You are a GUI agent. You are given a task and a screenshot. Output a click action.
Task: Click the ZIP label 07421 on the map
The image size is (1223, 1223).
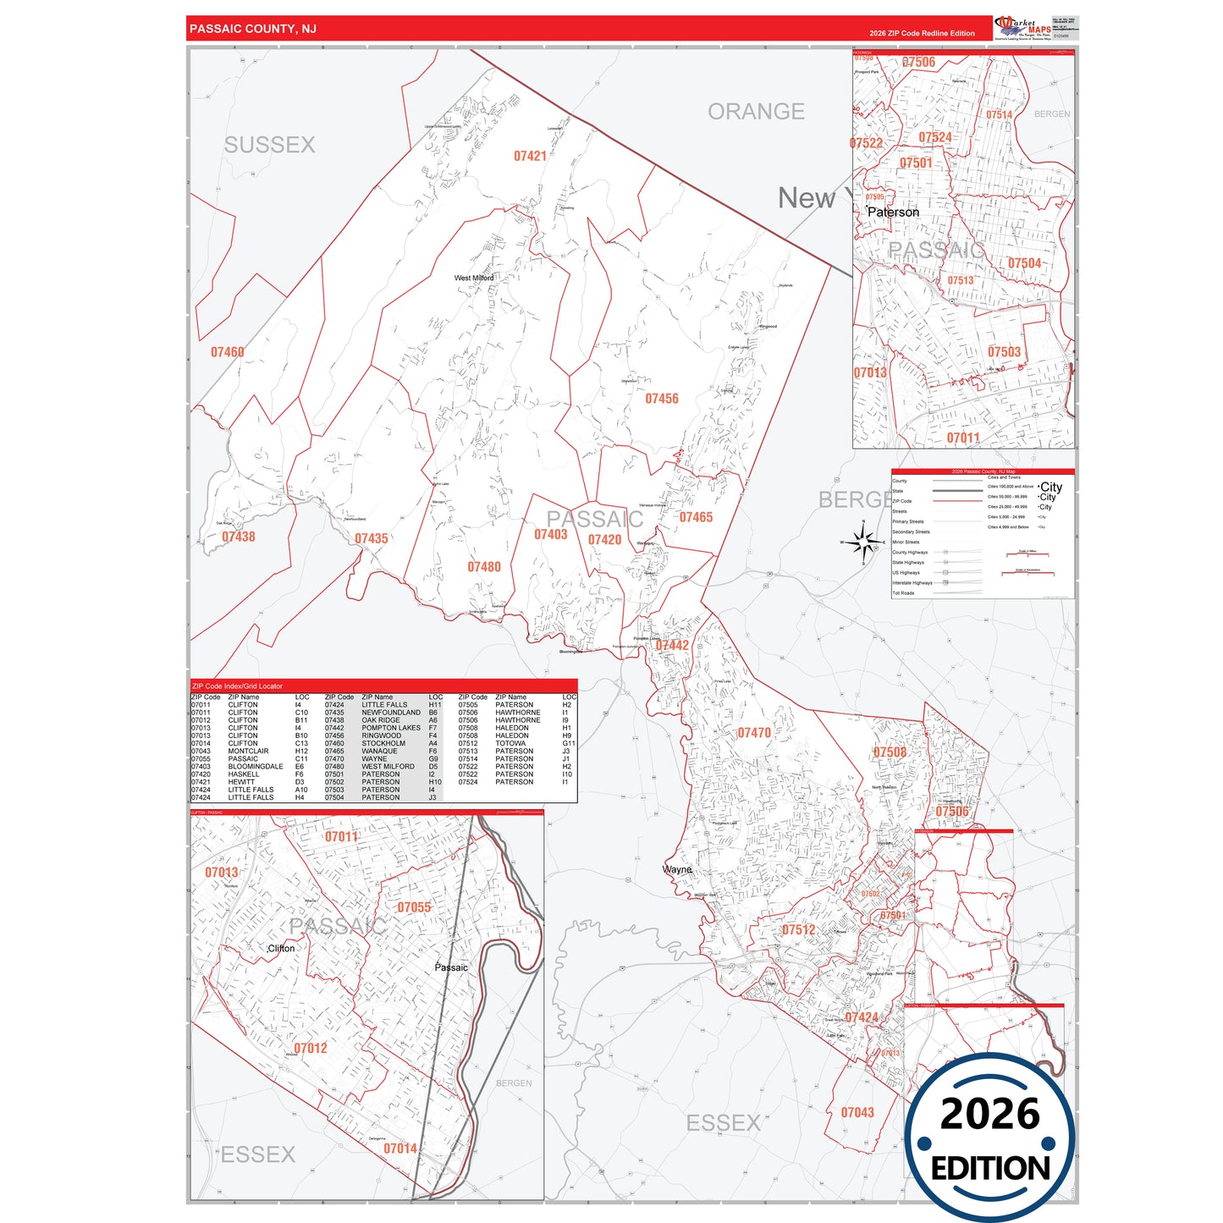(x=530, y=156)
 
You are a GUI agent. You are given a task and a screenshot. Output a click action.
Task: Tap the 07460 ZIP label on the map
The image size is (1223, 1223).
(x=227, y=352)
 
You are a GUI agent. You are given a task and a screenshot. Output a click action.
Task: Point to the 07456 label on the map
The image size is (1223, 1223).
(x=662, y=399)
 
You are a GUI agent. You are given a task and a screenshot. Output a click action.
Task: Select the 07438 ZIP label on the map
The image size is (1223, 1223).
(x=239, y=537)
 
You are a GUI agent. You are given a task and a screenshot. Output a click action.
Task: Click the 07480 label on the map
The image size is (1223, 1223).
(x=484, y=567)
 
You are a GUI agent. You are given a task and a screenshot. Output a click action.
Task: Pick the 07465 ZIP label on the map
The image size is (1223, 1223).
(x=696, y=517)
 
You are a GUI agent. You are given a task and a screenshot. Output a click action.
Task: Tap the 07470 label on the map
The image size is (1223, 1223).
(x=754, y=733)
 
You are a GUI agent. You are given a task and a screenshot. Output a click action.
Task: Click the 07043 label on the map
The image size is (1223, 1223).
(x=857, y=1113)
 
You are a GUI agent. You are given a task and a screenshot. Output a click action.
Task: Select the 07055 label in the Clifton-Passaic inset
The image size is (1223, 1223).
(x=414, y=907)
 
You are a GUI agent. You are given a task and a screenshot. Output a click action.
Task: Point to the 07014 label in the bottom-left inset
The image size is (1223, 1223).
(x=400, y=1149)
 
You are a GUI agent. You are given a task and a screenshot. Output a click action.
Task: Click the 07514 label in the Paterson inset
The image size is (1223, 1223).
(x=999, y=115)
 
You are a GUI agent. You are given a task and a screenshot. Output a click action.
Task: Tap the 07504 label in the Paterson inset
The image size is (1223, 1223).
(x=1024, y=263)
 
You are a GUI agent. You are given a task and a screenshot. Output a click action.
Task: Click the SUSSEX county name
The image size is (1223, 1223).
(x=269, y=145)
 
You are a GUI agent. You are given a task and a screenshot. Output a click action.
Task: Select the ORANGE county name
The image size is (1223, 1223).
(x=756, y=112)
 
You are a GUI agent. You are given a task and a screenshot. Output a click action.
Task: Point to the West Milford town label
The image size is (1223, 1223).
(x=474, y=278)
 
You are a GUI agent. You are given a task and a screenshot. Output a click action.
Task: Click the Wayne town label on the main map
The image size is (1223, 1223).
(x=677, y=869)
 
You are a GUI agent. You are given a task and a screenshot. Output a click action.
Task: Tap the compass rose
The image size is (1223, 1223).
(x=863, y=542)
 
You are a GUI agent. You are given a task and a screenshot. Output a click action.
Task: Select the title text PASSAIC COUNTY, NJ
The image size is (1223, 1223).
(x=253, y=29)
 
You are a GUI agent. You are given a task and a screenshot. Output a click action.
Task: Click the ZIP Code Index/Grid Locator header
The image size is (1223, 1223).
(x=238, y=686)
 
